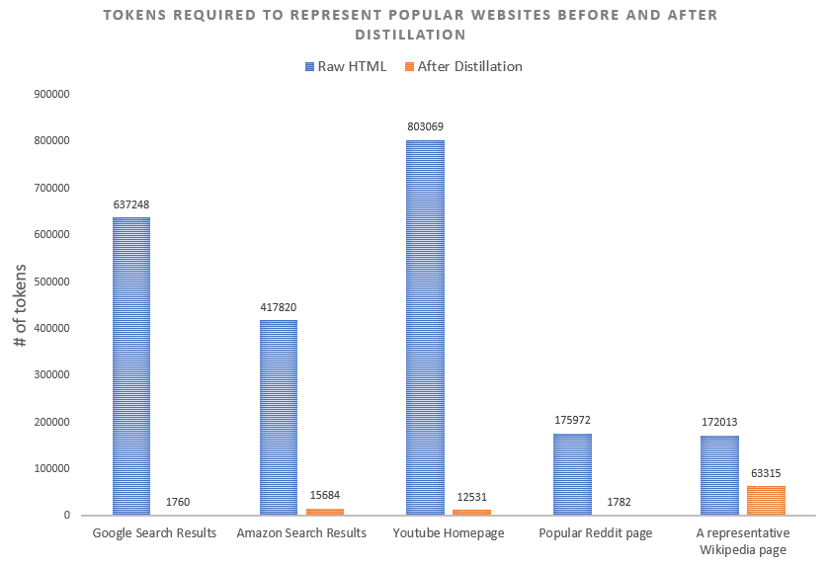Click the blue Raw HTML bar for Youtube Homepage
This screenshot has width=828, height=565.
pyautogui.click(x=425, y=327)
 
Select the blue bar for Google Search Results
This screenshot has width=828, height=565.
pyautogui.click(x=131, y=365)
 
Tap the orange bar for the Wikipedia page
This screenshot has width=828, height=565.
pyautogui.click(x=766, y=500)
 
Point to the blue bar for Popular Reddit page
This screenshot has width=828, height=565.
pyautogui.click(x=572, y=474)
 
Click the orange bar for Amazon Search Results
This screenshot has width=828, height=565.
pyautogui.click(x=324, y=511)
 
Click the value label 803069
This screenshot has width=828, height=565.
pyautogui.click(x=425, y=126)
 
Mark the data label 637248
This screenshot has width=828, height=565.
pyautogui.click(x=131, y=204)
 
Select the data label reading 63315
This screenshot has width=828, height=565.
pyautogui.click(x=766, y=472)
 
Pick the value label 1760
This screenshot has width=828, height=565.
pyautogui.click(x=178, y=502)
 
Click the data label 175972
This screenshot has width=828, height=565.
pyautogui.click(x=572, y=420)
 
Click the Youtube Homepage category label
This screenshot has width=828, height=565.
pyautogui.click(x=449, y=533)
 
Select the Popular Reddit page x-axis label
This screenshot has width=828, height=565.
pyautogui.click(x=596, y=533)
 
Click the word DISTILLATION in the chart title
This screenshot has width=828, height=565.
pyautogui.click(x=414, y=35)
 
